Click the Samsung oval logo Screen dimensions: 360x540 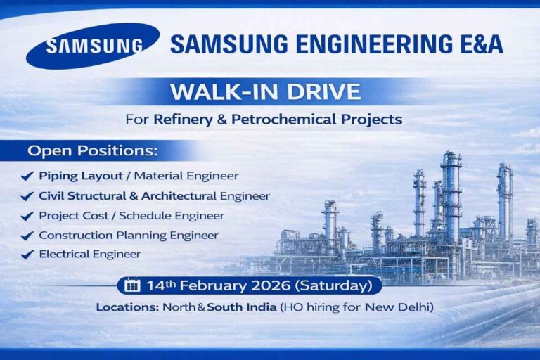pyautogui.click(x=92, y=46)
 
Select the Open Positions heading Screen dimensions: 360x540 pyautogui.click(x=93, y=151)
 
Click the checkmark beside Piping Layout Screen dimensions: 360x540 pyautogui.click(x=27, y=176)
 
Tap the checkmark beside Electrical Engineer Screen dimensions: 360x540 pyautogui.click(x=27, y=255)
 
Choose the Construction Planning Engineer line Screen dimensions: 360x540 pyautogui.click(x=128, y=235)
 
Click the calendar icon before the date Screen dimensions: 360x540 pyautogui.click(x=131, y=285)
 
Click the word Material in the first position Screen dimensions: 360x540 pyautogui.click(x=165, y=176)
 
